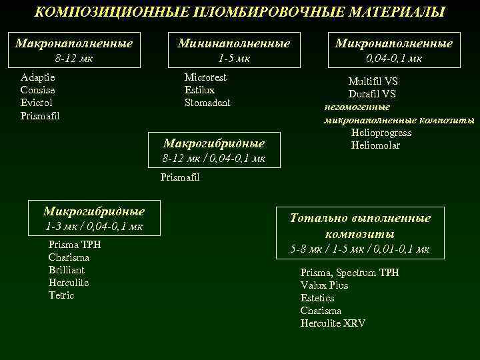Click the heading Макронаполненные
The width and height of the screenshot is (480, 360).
(74, 43)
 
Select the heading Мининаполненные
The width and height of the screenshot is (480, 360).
(233, 43)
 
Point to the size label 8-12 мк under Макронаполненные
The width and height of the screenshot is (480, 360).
(74, 58)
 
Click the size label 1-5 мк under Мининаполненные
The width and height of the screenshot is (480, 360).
(234, 58)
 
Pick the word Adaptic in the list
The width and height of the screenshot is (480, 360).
(37, 77)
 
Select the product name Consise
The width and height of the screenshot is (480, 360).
(38, 90)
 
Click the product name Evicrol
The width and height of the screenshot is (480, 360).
(37, 103)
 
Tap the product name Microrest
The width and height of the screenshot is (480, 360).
(205, 77)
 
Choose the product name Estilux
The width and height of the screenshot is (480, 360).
(199, 90)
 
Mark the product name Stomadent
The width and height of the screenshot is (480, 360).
(207, 103)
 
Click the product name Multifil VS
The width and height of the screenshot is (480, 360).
(373, 81)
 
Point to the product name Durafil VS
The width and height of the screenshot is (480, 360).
(372, 94)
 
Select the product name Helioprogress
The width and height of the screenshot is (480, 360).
(381, 133)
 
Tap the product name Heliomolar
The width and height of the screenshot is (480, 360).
(375, 145)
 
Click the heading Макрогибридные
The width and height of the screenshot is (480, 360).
(214, 143)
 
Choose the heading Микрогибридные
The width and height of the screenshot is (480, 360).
(94, 211)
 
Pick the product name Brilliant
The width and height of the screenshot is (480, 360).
(67, 270)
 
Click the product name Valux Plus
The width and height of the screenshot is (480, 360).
(324, 285)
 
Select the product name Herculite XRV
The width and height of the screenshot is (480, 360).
(333, 323)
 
